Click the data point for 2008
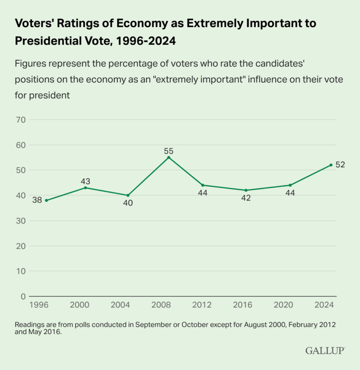point(169,157)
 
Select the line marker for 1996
point(46,200)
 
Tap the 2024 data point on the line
point(331,165)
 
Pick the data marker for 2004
point(128,195)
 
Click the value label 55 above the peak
point(169,151)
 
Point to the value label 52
point(340,165)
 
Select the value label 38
point(37,200)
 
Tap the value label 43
point(85,181)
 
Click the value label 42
point(246,198)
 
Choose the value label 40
point(127,203)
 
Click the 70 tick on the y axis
point(20,120)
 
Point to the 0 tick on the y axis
point(22,296)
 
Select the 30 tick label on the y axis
point(20,221)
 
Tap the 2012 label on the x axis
point(202,304)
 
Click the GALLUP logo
point(325,350)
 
